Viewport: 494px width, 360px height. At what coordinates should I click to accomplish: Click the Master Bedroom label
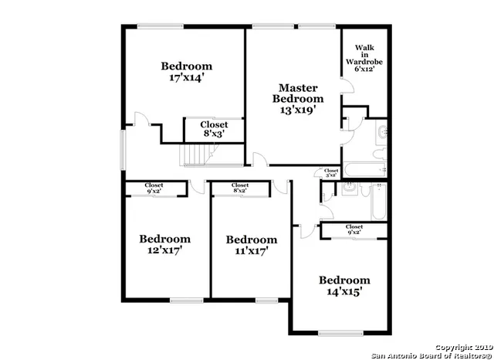(x=298, y=99)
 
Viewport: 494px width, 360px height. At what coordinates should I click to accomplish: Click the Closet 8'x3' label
(x=214, y=129)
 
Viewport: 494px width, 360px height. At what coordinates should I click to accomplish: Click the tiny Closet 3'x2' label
(x=331, y=173)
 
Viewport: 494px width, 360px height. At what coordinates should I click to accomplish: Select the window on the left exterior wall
(x=122, y=149)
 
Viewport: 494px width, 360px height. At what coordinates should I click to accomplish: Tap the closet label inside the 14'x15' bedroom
(x=354, y=229)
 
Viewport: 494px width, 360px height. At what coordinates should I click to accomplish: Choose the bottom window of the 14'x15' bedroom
(x=340, y=334)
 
